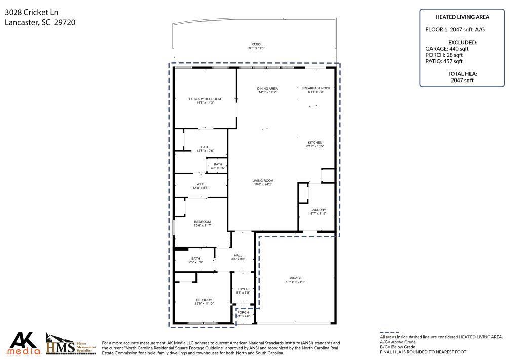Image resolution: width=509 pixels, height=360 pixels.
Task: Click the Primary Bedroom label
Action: (x=205, y=100)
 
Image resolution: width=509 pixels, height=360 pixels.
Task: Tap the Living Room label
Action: (x=263, y=182)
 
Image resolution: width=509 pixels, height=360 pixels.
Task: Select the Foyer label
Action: (x=243, y=290)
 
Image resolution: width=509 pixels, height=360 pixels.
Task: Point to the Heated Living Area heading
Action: (x=462, y=17)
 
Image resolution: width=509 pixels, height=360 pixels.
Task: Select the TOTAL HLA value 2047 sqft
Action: (x=462, y=80)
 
